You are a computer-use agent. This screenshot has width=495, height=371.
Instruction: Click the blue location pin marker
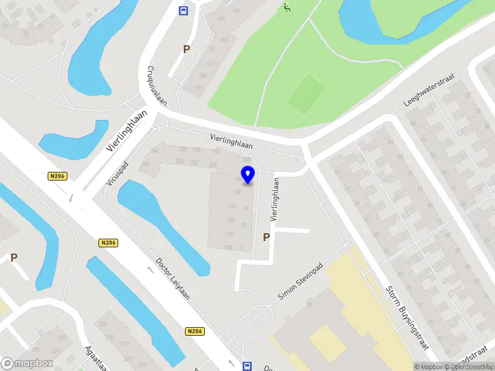point(247,175)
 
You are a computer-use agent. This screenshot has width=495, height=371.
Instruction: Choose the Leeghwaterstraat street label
point(428,90)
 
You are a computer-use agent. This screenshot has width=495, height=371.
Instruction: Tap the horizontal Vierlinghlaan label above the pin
point(231,141)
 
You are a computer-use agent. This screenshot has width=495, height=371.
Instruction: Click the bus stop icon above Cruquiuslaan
point(183,11)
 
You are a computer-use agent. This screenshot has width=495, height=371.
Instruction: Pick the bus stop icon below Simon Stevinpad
point(247,366)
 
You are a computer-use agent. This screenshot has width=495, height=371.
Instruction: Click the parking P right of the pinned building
point(267,237)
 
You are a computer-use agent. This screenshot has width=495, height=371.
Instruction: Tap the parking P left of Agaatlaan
point(14,258)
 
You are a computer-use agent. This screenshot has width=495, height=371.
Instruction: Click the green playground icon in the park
point(286,7)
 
